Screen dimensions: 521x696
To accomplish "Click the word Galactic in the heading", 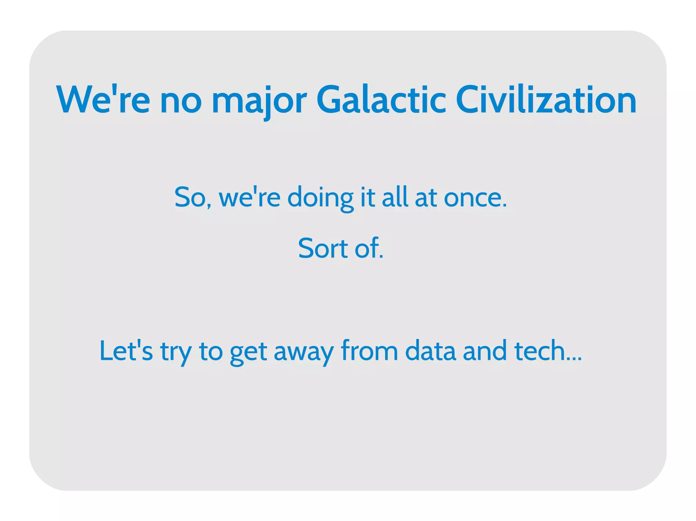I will pyautogui.click(x=381, y=100).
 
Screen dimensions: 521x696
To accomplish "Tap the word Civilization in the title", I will pyautogui.click(x=546, y=100).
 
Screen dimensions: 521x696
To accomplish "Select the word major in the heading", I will pyautogui.click(x=259, y=100).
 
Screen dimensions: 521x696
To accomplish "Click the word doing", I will pyautogui.click(x=320, y=198).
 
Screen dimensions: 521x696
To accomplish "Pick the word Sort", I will pyautogui.click(x=323, y=248).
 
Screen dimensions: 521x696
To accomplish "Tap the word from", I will pyautogui.click(x=369, y=351).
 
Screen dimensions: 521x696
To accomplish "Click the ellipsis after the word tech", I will pyautogui.click(x=574, y=358).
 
